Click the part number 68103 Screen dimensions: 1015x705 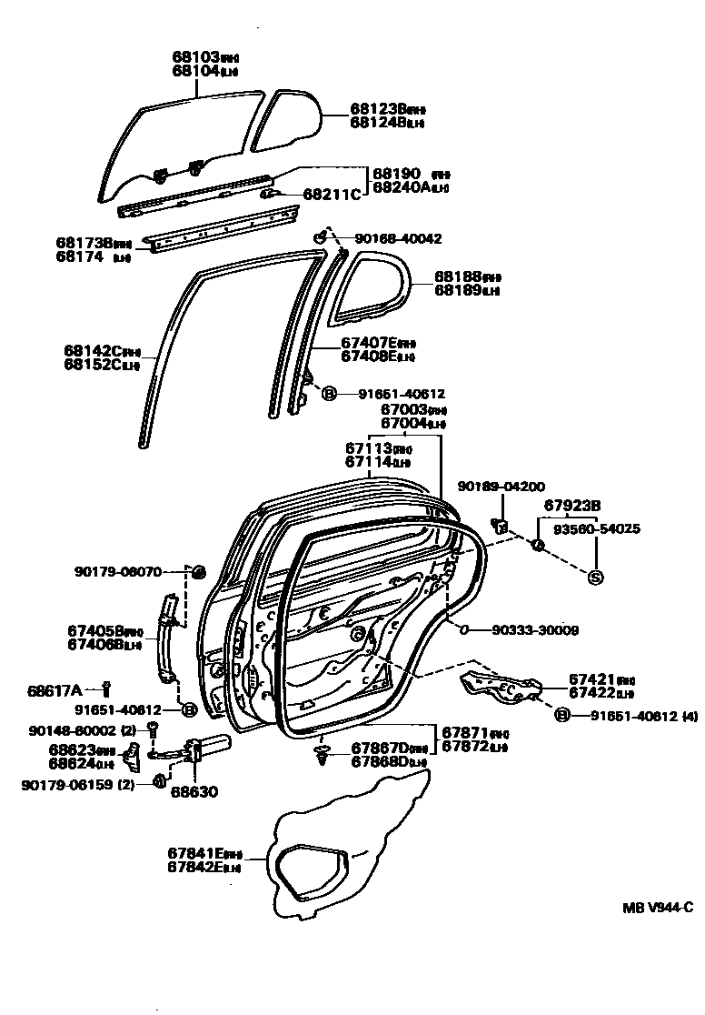pyautogui.click(x=195, y=56)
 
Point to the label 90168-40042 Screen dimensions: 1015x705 pyautogui.click(x=398, y=238)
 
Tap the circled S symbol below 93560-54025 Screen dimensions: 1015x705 pyautogui.click(x=596, y=577)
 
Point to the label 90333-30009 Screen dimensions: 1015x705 pyautogui.click(x=535, y=629)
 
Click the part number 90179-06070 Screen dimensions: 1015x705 pyautogui.click(x=118, y=572)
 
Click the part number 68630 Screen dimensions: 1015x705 pyautogui.click(x=194, y=791)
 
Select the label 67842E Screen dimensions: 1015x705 pyautogui.click(x=195, y=867)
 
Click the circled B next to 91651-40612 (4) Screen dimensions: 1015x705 pyautogui.click(x=561, y=715)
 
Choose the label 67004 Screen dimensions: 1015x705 pyautogui.click(x=403, y=423)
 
